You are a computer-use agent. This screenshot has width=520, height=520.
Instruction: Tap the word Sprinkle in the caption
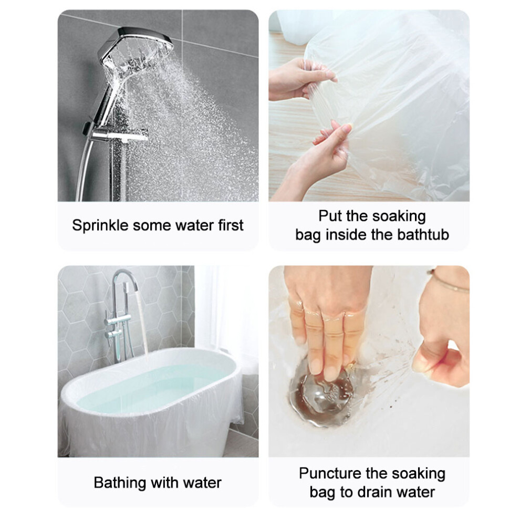click(100, 225)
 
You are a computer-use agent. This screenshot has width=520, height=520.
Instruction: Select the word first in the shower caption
click(231, 225)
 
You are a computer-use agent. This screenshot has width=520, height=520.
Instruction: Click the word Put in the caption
click(330, 216)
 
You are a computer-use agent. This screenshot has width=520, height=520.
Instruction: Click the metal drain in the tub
click(321, 398)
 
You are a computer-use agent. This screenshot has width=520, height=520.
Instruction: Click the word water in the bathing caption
click(202, 483)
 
